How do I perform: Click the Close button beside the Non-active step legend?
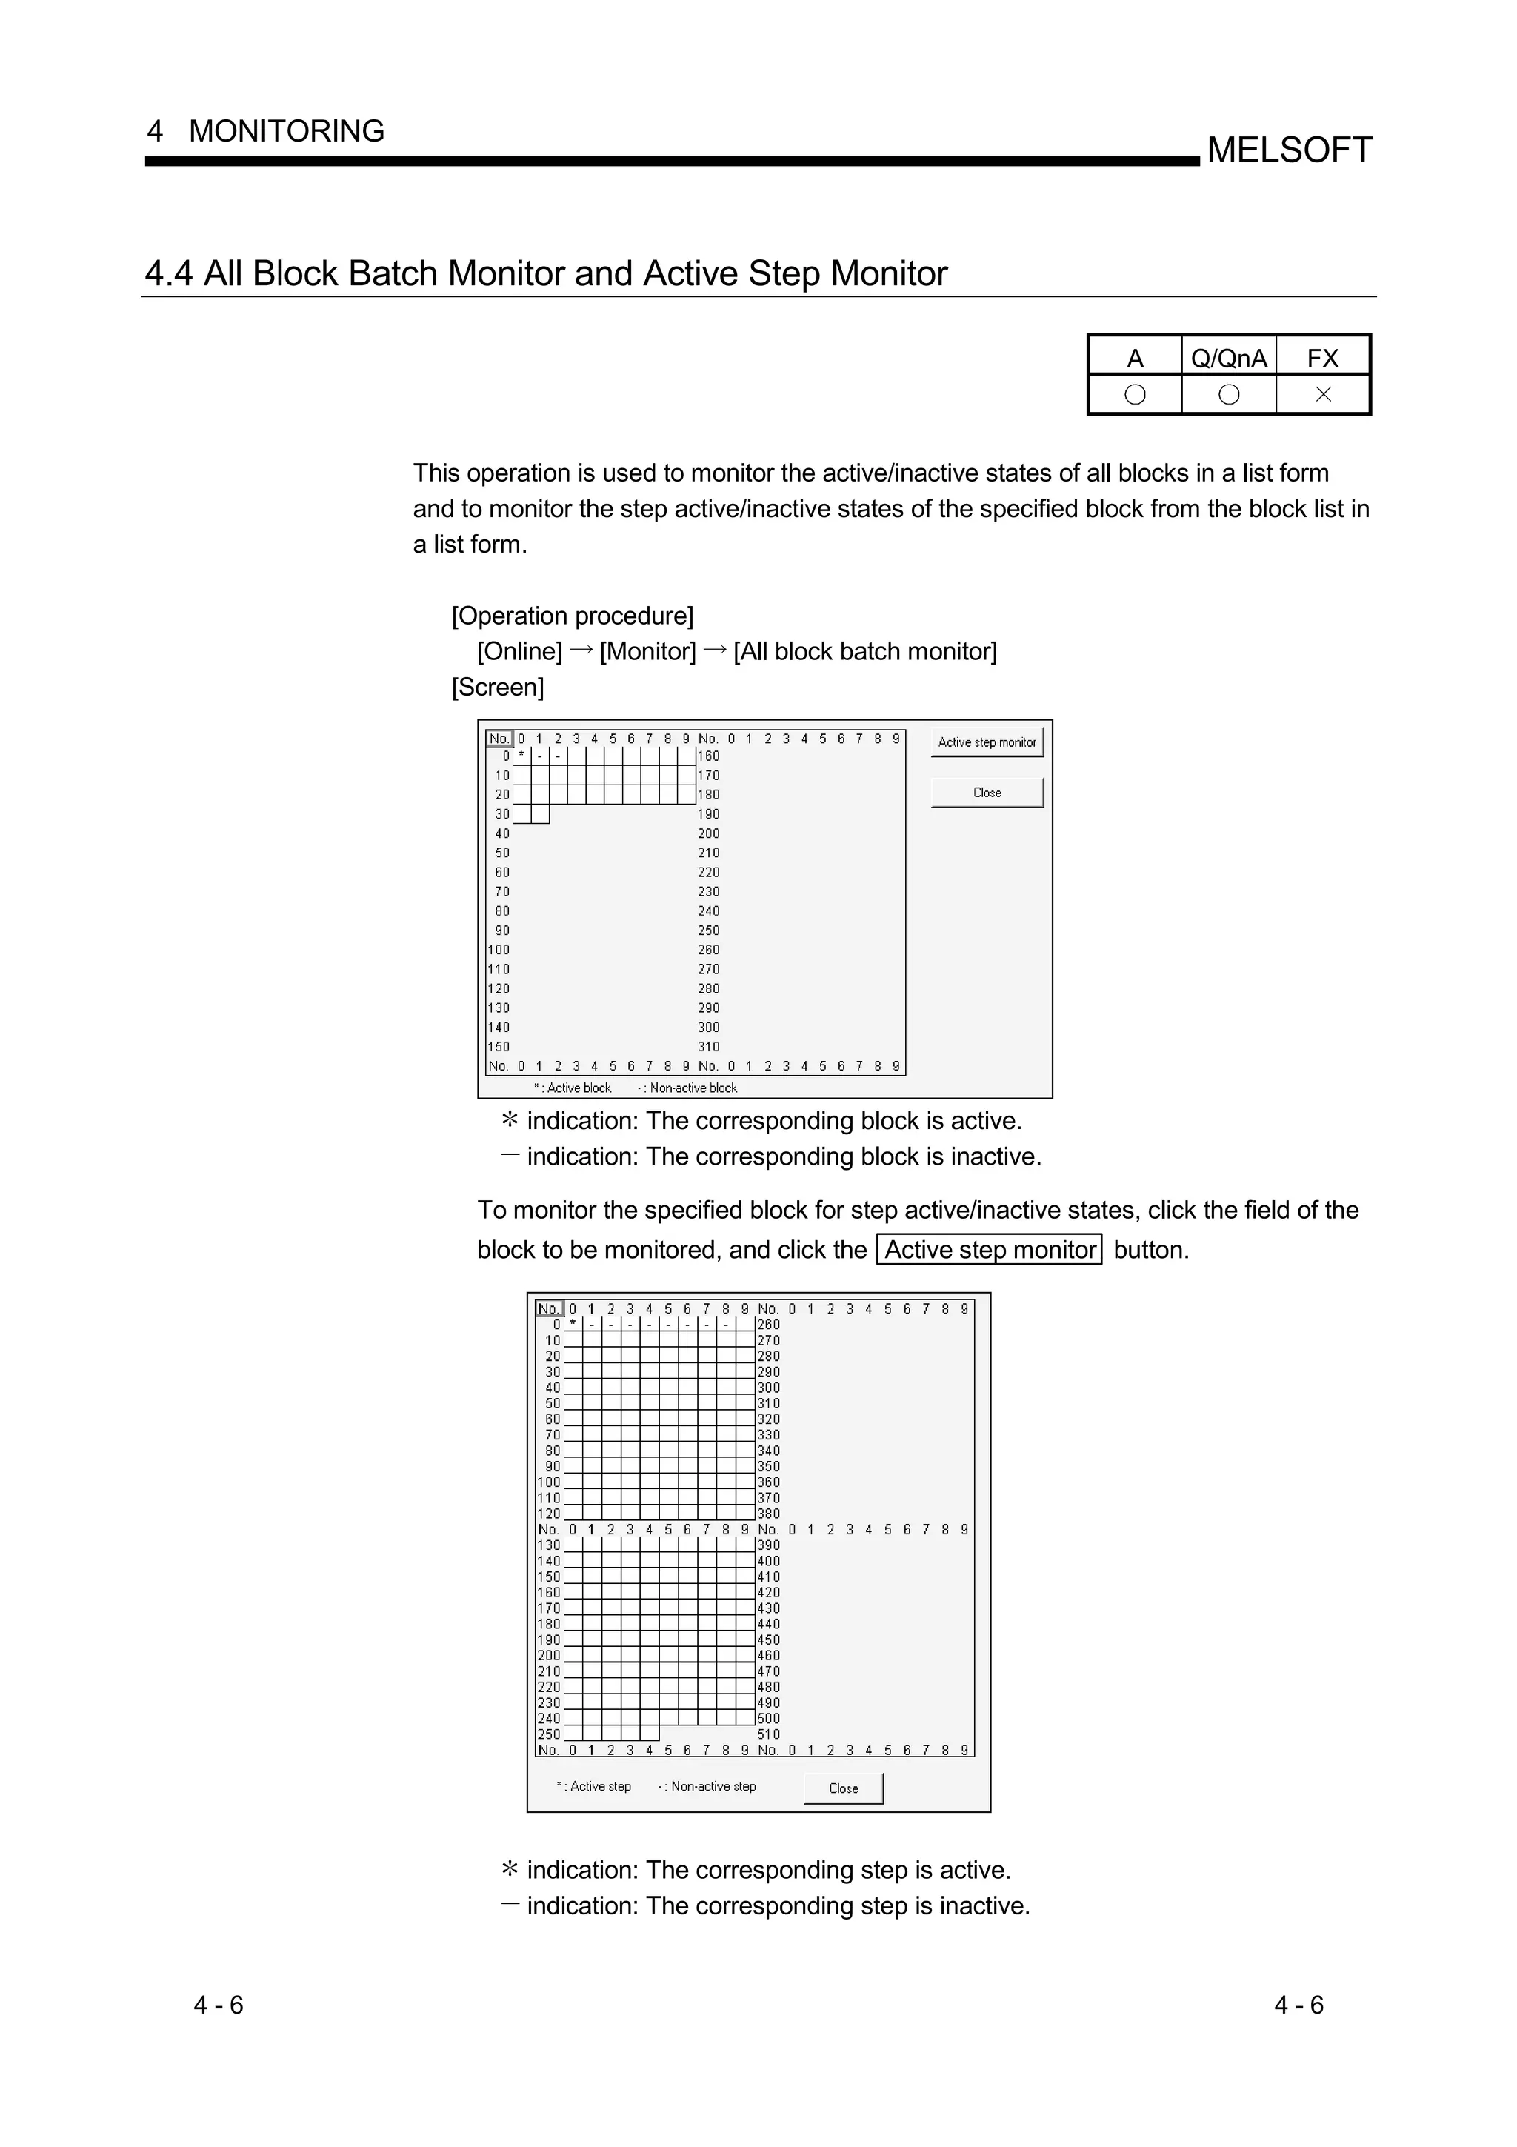click(843, 1788)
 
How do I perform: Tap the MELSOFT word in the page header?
click(1289, 150)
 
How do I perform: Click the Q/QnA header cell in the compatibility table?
click(1228, 358)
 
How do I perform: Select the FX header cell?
click(1323, 358)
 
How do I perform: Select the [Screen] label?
click(497, 688)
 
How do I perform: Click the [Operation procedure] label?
click(572, 616)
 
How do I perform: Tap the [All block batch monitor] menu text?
click(864, 652)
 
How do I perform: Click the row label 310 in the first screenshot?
click(708, 1046)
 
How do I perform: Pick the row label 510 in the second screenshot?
click(768, 1734)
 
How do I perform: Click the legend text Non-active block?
click(693, 1088)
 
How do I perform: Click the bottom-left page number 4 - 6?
click(219, 2005)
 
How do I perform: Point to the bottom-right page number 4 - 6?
click(1298, 2005)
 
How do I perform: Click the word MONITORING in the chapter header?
click(286, 131)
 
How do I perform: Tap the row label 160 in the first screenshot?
click(708, 756)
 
